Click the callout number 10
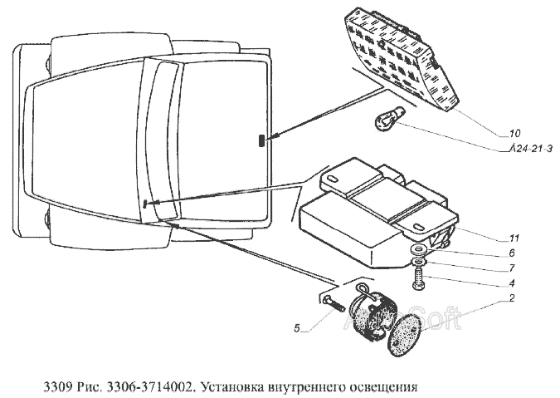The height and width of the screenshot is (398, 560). (x=514, y=134)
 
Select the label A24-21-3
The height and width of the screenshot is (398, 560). (x=531, y=149)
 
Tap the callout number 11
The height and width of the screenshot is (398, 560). (x=514, y=238)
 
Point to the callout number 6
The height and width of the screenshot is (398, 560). (x=512, y=253)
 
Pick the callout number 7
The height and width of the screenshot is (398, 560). (x=512, y=268)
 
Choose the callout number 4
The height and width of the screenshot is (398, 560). (x=512, y=283)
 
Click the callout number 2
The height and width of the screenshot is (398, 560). (x=512, y=298)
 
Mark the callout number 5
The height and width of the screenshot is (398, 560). (x=297, y=328)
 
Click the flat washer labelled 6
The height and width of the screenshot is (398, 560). (x=418, y=249)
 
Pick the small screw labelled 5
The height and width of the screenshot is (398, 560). (x=333, y=304)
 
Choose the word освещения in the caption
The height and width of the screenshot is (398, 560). (x=382, y=388)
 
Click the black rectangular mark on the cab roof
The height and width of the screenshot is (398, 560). (x=262, y=140)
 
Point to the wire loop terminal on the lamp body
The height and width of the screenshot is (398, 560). (x=362, y=287)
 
